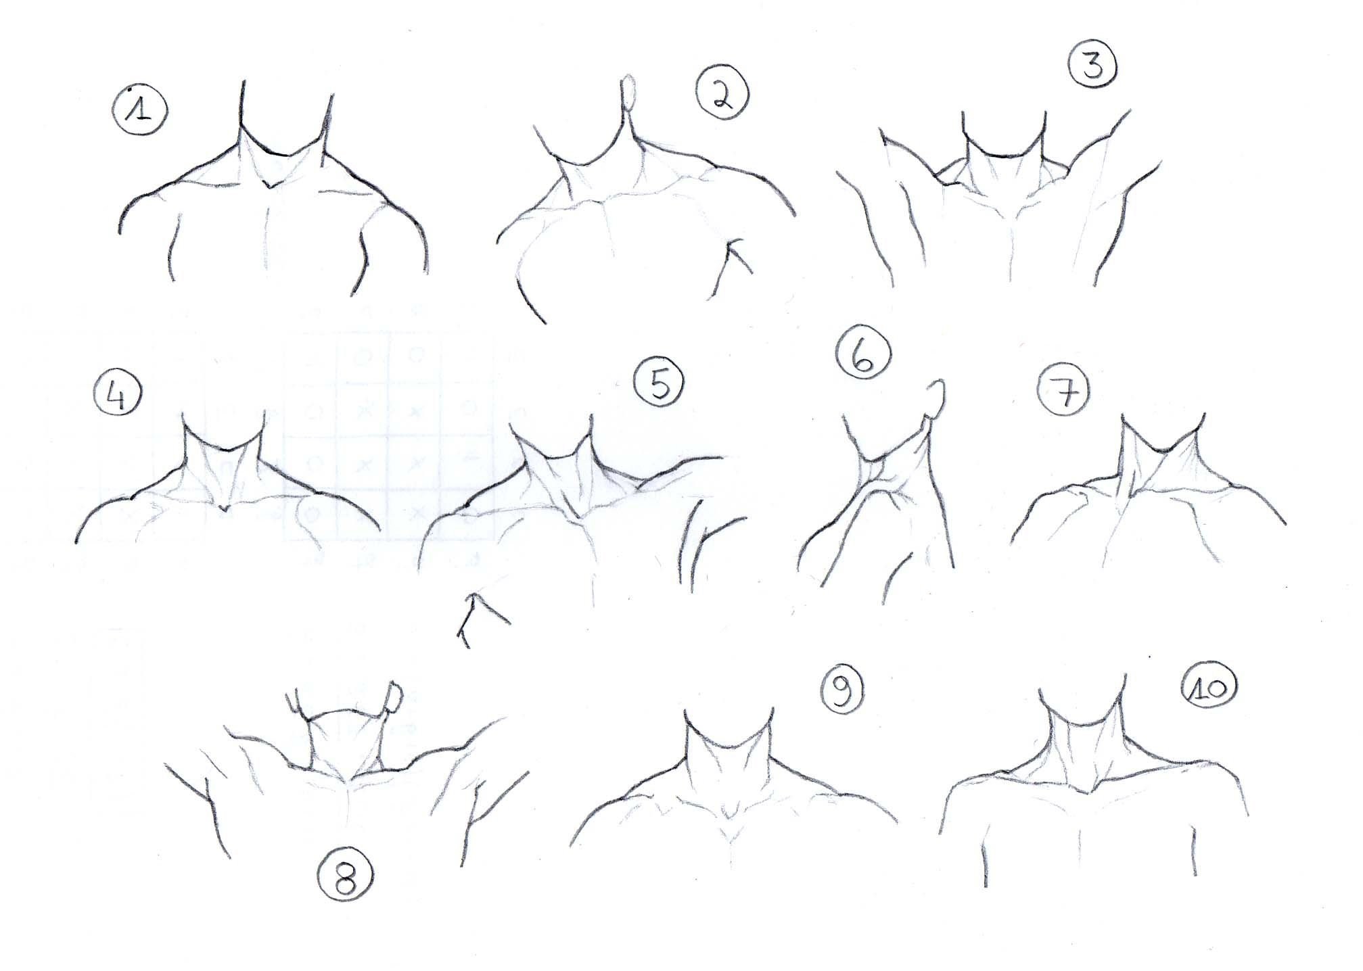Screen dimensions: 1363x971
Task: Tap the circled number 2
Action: [x=722, y=95]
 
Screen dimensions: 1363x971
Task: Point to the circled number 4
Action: [x=118, y=396]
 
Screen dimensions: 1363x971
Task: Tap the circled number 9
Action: [x=842, y=690]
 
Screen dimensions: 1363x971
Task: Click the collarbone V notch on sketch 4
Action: [x=223, y=506]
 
